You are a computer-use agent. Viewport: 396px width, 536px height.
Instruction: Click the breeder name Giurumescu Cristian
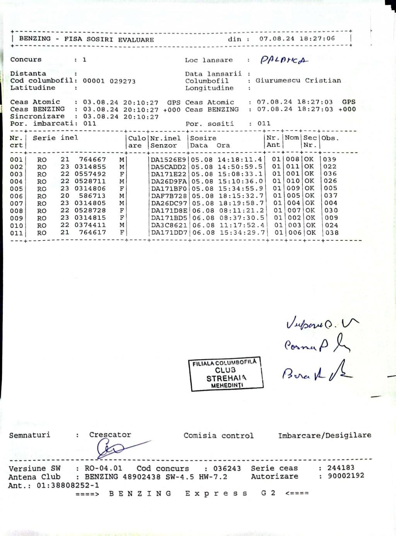298,80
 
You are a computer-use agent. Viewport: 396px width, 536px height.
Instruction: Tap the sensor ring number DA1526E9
169,159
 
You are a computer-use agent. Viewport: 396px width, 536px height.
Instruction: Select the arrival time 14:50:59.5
240,167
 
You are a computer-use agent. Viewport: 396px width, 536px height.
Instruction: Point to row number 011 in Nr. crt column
17,233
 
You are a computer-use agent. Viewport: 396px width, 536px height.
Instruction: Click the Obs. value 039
330,159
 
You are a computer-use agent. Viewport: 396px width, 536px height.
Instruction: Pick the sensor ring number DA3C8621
169,225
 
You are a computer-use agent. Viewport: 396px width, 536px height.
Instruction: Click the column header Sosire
203,138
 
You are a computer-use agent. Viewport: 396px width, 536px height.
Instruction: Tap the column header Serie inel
55,138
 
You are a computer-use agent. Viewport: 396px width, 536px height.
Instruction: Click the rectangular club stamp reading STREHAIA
227,373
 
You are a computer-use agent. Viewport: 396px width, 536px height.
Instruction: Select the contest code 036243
227,468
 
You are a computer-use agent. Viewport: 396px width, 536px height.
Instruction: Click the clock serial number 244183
341,468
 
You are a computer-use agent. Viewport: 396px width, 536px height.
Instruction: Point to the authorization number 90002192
346,476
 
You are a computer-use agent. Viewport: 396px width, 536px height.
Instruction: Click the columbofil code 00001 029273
109,81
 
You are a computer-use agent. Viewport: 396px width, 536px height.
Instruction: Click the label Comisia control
218,436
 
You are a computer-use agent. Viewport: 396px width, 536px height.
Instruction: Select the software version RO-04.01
103,468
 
